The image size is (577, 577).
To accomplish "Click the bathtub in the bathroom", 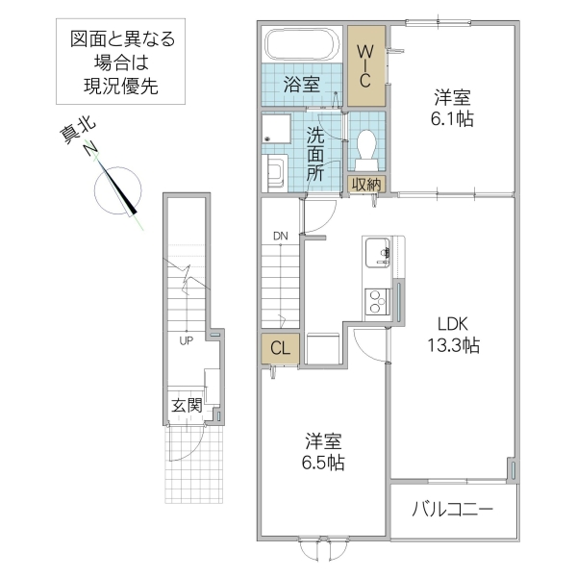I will point(301,45).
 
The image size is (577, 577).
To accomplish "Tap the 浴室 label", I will point(301,85).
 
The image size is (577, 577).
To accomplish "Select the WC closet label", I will point(365,65).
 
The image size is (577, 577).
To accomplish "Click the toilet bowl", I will point(366,147).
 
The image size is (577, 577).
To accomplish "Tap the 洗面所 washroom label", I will point(316,154).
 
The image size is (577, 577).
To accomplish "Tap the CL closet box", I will point(280,348).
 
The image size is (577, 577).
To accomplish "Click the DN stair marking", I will point(280,235).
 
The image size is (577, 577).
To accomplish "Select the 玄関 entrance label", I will point(187,405).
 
